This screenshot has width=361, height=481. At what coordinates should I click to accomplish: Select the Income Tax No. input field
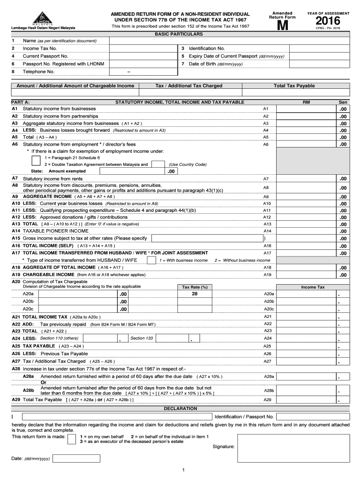coord(143,48)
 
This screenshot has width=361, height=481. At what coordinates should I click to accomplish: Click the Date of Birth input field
coord(319,63)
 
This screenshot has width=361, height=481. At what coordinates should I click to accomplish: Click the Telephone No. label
coord(39,71)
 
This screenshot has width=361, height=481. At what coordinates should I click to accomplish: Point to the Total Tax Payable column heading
coord(294,86)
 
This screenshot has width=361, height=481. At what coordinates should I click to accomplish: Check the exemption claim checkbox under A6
coord(36,160)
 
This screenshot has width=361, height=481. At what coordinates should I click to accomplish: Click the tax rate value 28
coord(194,293)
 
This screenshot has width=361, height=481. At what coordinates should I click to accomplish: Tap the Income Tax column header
coord(312,287)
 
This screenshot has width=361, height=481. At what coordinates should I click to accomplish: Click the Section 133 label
coord(142,338)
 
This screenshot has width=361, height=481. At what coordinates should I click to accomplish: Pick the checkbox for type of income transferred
coord(151,260)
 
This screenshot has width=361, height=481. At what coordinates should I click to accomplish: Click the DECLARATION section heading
coord(180,409)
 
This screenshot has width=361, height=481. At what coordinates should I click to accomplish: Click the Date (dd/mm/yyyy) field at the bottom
coord(80,458)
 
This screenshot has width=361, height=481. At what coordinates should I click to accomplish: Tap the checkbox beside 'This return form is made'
coord(71,439)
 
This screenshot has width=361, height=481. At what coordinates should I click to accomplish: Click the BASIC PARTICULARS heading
coord(180,34)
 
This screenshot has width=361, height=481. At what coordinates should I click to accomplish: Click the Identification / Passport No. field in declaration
coord(313,417)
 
